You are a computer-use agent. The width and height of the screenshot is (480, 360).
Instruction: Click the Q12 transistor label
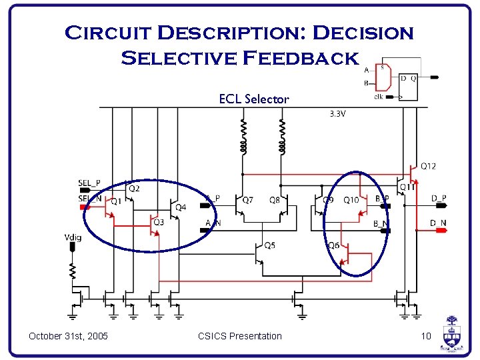tap(429, 166)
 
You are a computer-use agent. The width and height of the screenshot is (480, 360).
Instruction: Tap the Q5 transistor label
tap(269, 245)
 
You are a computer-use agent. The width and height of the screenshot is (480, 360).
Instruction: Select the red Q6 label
tap(333, 245)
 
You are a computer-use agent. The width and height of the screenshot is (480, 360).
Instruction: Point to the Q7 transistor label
tap(248, 200)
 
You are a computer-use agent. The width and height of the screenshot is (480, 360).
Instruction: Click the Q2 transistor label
tap(134, 189)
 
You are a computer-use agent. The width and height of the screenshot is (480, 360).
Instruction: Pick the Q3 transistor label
tap(159, 222)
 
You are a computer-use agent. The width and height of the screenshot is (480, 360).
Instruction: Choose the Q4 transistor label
tap(181, 207)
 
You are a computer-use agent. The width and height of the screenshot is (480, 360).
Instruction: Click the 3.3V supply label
tap(338, 114)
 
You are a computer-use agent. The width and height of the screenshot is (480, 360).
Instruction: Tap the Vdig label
tap(73, 237)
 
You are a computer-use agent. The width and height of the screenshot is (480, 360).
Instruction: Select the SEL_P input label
tap(89, 183)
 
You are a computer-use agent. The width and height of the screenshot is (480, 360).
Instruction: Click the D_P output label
tap(439, 198)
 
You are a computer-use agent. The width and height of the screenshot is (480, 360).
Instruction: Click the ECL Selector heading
tap(254, 99)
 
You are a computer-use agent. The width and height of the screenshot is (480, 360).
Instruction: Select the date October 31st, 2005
tap(69, 336)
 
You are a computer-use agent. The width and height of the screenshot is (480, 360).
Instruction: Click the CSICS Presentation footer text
tap(240, 336)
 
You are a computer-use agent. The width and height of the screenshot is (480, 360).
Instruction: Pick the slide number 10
tap(426, 336)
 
